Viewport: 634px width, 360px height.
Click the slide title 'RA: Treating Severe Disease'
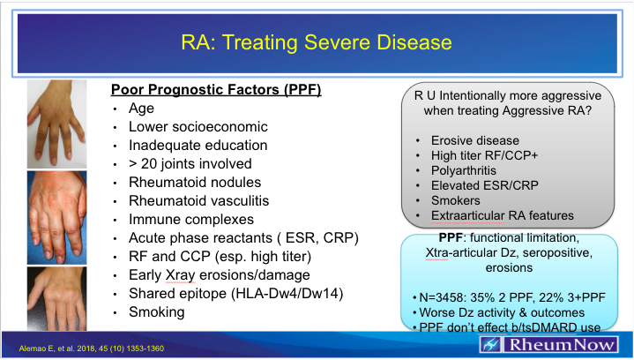[317, 41]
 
